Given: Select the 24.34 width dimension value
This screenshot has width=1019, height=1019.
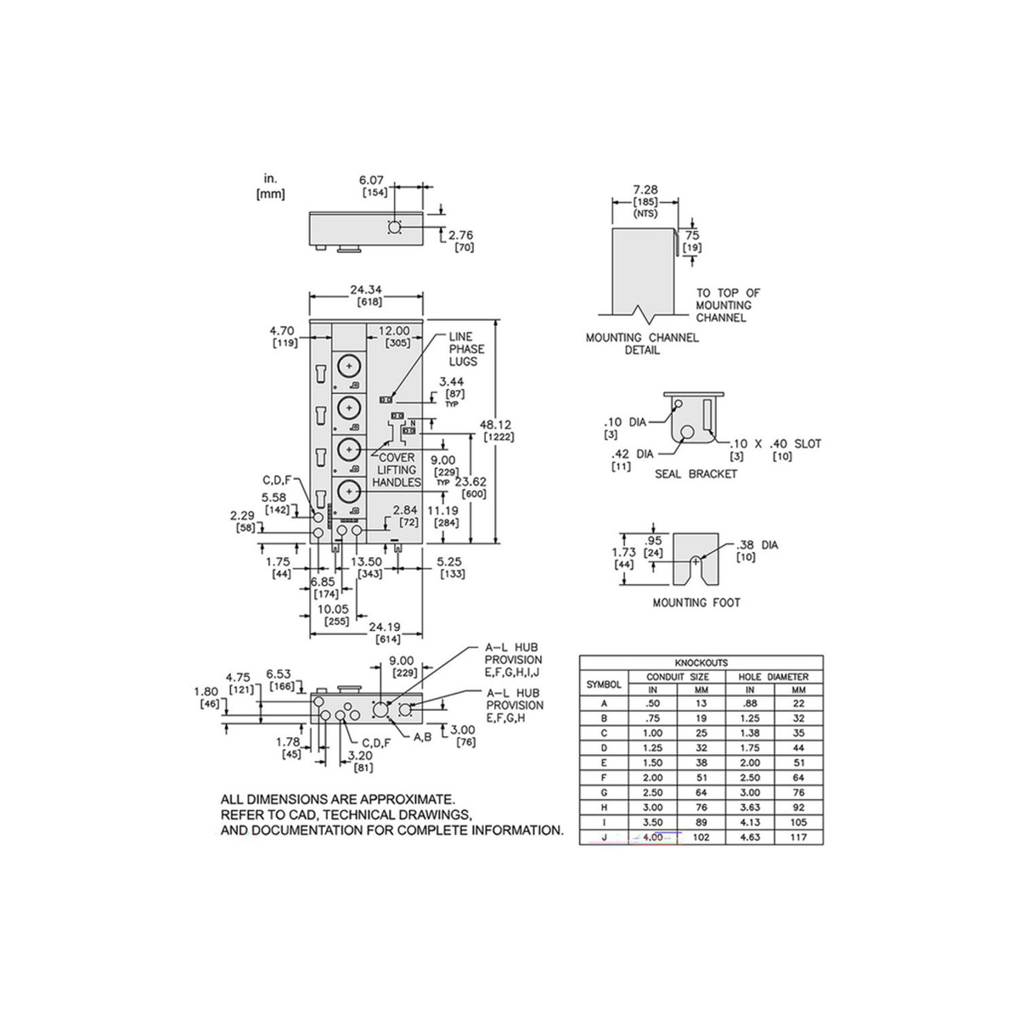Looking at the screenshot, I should point(366,290).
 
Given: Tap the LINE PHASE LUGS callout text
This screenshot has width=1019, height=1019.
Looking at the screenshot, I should point(466,349).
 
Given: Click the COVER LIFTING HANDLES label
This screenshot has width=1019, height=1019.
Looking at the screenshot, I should point(397,470).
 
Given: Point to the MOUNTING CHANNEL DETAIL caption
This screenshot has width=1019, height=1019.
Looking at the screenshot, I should point(643,343).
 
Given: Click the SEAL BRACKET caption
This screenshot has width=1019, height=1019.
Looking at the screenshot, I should point(696,474).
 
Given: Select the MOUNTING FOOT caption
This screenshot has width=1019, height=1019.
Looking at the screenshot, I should point(696,602).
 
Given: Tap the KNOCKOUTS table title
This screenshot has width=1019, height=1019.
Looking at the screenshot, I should point(701,662).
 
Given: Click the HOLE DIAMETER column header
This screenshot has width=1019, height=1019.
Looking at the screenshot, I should point(774,676).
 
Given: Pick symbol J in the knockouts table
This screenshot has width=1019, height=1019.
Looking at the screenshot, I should point(604,836).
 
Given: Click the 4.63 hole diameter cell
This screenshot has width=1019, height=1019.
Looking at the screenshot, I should point(750,836).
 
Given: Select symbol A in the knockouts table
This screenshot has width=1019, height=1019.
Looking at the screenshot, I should point(604,703).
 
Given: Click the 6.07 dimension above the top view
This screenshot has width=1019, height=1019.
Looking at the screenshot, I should point(372,180).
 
